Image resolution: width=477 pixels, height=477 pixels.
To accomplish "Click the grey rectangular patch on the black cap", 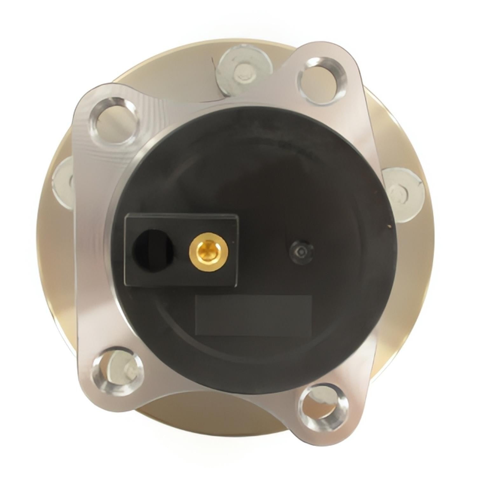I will point(253,315).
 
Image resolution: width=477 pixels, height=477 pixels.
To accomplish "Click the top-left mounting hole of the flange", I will point(115,118).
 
